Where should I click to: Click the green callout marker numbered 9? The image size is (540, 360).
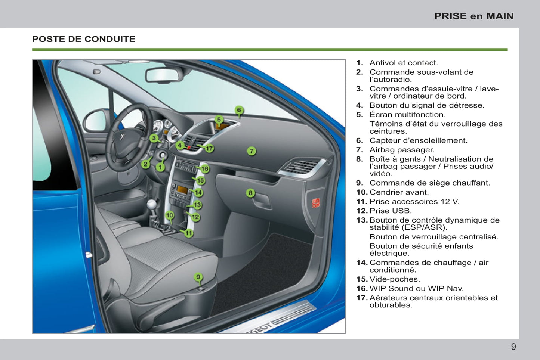[x=198, y=277]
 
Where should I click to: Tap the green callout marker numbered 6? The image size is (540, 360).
[x=239, y=110]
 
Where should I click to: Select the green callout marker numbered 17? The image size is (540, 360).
[x=209, y=148]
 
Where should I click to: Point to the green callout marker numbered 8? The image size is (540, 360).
[x=250, y=193]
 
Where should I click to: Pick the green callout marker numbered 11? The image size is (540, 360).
[x=189, y=233]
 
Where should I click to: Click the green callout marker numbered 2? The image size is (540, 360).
[x=145, y=164]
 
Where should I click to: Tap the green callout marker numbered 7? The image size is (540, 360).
[x=252, y=151]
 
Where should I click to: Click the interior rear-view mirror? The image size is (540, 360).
[x=163, y=75]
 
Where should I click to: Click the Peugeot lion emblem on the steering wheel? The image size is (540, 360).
[x=122, y=137]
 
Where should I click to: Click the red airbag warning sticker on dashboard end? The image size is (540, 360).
[x=316, y=203]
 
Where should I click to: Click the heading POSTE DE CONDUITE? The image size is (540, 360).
[x=84, y=39]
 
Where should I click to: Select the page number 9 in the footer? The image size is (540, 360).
[x=513, y=347]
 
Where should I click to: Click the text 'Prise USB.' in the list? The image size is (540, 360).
[x=391, y=211]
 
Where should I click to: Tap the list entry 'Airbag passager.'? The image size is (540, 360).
[x=402, y=150]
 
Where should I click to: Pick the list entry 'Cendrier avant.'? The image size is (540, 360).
[x=399, y=192]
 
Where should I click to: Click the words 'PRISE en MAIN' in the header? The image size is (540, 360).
[x=474, y=16]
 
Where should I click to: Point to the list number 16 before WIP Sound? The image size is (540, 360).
[x=362, y=288]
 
